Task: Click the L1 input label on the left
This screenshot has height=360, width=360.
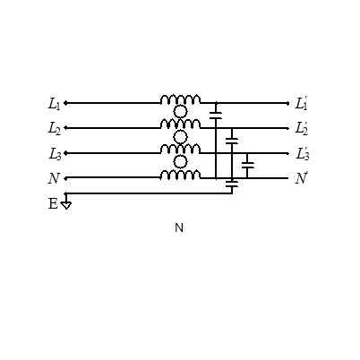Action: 54,104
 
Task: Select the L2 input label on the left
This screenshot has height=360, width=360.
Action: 55,129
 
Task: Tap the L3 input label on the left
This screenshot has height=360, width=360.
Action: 55,154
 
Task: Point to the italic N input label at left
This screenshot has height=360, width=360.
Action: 54,178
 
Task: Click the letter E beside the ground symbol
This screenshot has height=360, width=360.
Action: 53,204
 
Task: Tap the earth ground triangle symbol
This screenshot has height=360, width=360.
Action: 66,205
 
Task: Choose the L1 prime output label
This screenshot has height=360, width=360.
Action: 301,103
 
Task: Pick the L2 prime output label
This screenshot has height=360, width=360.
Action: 302,128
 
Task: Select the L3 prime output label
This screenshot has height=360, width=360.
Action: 302,154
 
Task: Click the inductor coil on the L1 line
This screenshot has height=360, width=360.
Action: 180,99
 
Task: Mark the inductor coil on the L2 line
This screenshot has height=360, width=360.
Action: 180,124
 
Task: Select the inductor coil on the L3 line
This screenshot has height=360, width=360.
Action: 180,149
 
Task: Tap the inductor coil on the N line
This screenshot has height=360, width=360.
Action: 180,175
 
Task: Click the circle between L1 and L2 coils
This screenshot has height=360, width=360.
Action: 180,112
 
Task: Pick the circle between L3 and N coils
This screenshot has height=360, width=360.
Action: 180,162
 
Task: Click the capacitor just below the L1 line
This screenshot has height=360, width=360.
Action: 216,116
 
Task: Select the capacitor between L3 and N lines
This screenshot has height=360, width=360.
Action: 248,166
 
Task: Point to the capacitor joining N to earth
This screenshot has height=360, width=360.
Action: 232,184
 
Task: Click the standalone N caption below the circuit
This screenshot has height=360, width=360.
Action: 179,227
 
